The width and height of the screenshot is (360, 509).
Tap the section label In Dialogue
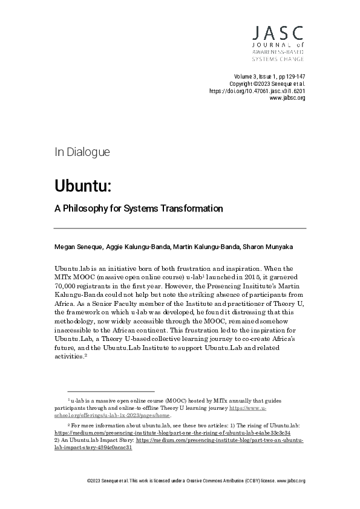pos(82,152)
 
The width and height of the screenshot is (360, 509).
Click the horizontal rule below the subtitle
pos(180,228)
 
